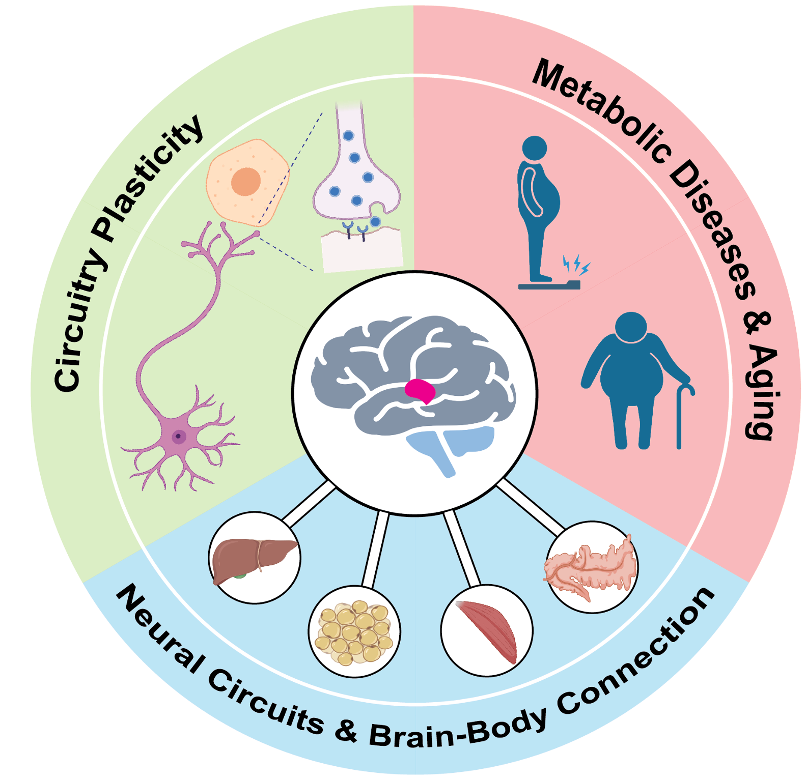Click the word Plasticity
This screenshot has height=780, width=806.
148,178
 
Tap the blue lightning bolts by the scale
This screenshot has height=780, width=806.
576,265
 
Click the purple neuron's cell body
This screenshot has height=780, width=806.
178,436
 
